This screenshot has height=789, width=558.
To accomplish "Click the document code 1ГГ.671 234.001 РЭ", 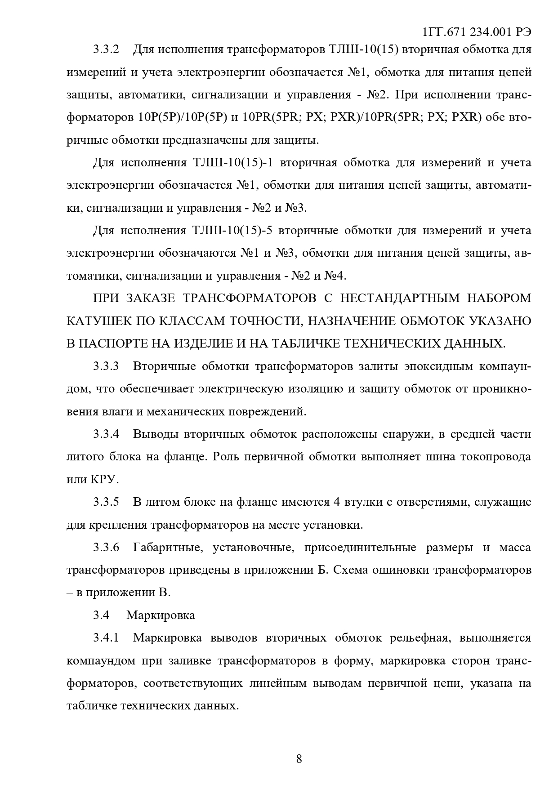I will click(477, 32).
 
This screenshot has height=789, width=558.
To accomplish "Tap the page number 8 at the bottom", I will click(299, 759).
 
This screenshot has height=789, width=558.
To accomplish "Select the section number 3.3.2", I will click(106, 49).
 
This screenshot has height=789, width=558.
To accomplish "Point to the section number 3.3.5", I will click(106, 502).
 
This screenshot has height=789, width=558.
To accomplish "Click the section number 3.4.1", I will click(106, 638).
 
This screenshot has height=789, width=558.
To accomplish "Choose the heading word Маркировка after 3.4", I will click(161, 615).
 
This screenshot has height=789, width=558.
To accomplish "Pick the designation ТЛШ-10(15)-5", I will click(232, 231).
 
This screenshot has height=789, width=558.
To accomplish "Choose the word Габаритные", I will click(167, 548).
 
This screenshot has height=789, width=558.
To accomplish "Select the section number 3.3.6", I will click(106, 548).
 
